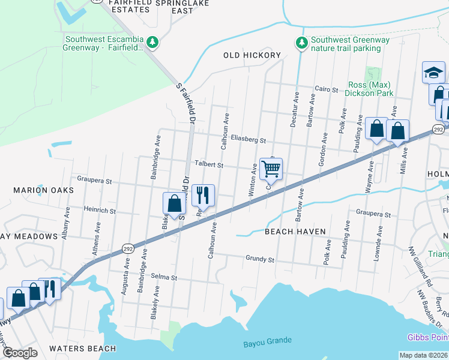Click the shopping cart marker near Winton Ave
click(x=271, y=170)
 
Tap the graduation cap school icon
click(x=433, y=73)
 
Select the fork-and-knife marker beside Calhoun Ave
click(x=203, y=195)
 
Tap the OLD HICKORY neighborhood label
click(x=252, y=55)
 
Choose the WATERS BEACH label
click(x=83, y=349)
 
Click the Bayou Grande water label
click(x=268, y=341)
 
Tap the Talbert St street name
click(x=208, y=164)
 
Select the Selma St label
click(x=164, y=278)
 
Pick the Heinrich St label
click(x=100, y=211)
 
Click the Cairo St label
click(x=327, y=89)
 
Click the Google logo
click(x=20, y=353)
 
